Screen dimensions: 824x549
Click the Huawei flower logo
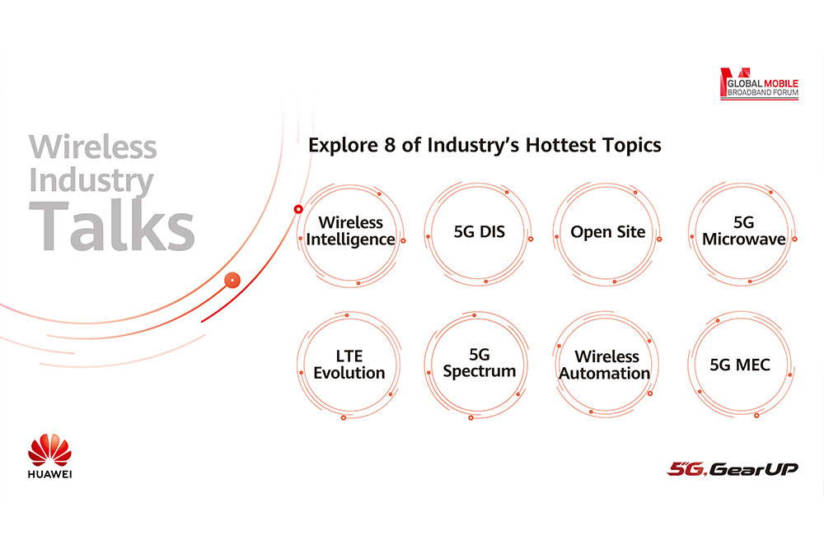click(x=50, y=449)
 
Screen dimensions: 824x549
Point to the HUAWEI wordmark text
click(x=50, y=474)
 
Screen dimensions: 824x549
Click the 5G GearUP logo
click(x=733, y=468)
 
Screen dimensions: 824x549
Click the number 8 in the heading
click(x=390, y=146)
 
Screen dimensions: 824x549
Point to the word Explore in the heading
click(x=343, y=146)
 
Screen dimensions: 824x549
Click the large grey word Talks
click(x=111, y=226)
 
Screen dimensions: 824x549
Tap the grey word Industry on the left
click(x=91, y=181)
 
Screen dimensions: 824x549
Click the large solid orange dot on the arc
click(x=232, y=281)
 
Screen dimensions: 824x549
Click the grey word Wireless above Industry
click(x=92, y=147)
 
